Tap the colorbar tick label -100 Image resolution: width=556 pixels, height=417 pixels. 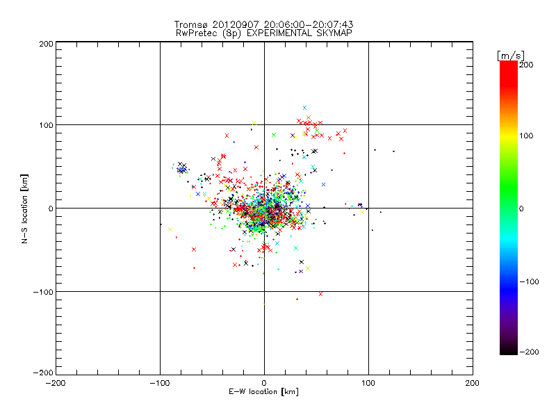[x=529, y=281]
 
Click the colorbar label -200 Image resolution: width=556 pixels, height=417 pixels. [x=529, y=352]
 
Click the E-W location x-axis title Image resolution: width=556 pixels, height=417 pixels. [x=263, y=393]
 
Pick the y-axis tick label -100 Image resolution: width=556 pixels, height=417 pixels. [x=42, y=291]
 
